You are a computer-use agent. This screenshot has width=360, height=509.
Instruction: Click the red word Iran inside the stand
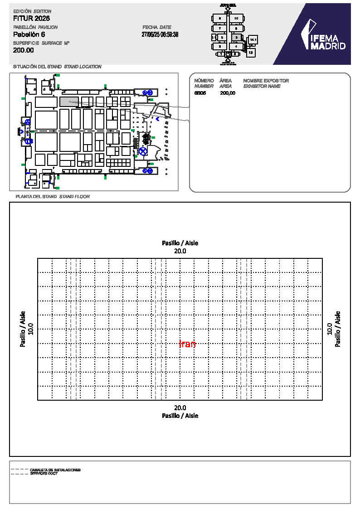187,344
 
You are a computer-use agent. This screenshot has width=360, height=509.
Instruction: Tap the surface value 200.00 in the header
24,50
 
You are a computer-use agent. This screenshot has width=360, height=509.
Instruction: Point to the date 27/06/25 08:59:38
160,34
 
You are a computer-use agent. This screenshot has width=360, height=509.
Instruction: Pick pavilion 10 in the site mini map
236,18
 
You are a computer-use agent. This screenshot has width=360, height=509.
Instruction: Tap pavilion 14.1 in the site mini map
253,40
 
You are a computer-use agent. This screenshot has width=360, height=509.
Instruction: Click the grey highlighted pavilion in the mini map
236,37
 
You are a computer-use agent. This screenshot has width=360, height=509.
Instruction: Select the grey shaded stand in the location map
69,102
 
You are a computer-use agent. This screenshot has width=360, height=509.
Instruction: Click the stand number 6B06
200,93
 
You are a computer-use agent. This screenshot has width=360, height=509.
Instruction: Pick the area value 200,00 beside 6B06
228,93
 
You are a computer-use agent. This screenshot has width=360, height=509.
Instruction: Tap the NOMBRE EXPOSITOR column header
266,81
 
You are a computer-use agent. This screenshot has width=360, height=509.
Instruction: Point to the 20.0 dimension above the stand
180,251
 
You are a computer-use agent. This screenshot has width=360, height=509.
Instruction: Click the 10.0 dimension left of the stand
30,329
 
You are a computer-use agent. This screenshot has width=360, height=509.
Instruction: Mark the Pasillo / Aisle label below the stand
180,415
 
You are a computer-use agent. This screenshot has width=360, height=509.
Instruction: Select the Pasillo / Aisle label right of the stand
337,329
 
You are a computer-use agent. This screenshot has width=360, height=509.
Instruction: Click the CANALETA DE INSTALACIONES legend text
55,470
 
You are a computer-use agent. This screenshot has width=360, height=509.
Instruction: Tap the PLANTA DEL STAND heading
36,197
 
